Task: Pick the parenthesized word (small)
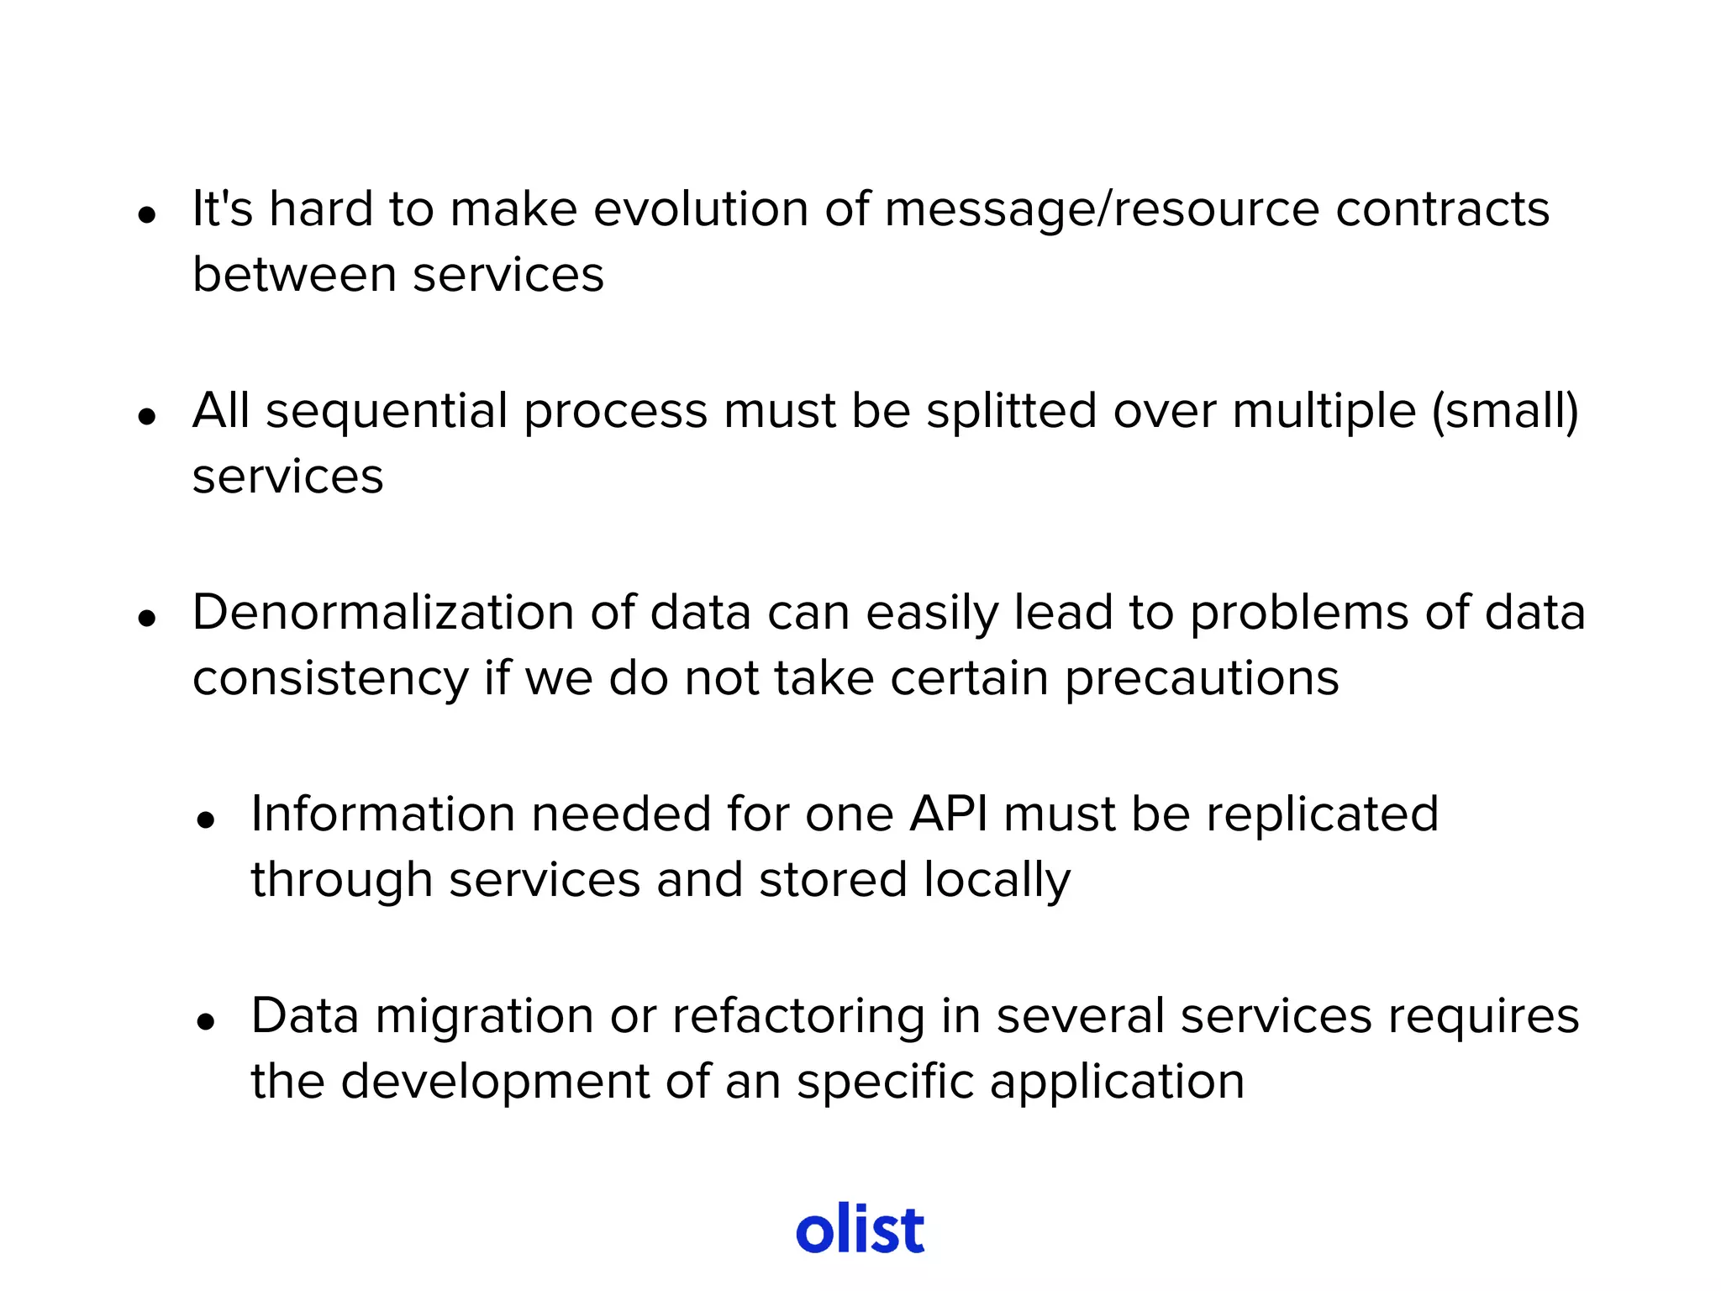(1505, 411)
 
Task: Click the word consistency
(330, 678)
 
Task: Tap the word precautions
(1202, 678)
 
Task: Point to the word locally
(997, 880)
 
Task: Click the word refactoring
(797, 1016)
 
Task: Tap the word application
(1117, 1082)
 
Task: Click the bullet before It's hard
(148, 214)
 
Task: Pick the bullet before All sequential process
(148, 416)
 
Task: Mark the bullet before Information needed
(206, 819)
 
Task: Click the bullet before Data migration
(206, 1021)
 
